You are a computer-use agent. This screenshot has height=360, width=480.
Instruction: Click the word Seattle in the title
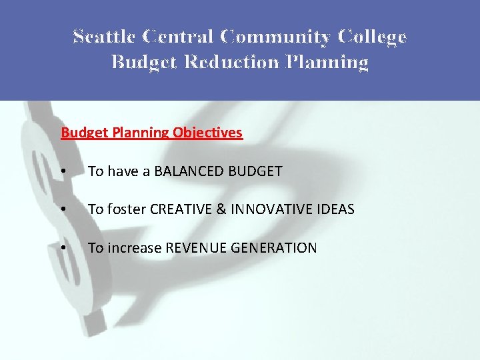tap(101, 37)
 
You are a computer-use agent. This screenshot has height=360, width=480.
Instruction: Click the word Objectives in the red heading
tap(207, 133)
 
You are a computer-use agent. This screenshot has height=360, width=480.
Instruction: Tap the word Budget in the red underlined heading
tap(81, 133)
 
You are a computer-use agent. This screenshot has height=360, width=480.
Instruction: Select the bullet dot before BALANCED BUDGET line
tap(63, 172)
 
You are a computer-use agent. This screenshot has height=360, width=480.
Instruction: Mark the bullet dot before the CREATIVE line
tap(63, 210)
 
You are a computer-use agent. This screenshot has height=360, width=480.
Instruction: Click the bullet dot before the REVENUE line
tap(63, 248)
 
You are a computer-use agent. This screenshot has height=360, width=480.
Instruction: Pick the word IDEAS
tap(335, 210)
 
